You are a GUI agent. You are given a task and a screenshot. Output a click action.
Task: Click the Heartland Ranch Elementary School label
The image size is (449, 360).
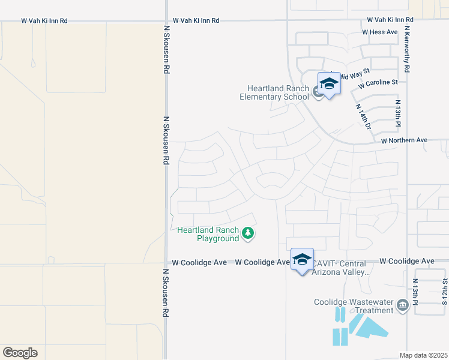coord(274,92)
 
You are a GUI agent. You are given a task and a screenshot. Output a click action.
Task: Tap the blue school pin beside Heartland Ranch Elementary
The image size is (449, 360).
coord(329,83)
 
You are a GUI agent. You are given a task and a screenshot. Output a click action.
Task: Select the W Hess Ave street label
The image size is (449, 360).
coord(380,32)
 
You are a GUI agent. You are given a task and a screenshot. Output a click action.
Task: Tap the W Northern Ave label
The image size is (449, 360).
coord(404,140)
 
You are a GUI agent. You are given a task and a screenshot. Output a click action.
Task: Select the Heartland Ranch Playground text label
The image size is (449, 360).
coord(208,234)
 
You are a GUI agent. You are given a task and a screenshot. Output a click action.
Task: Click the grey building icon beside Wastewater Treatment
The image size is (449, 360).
coord(402,307)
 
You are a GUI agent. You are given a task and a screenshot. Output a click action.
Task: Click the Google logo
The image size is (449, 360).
coord(20,353)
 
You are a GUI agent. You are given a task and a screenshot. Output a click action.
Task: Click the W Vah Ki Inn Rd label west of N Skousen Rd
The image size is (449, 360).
coord(44,20)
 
